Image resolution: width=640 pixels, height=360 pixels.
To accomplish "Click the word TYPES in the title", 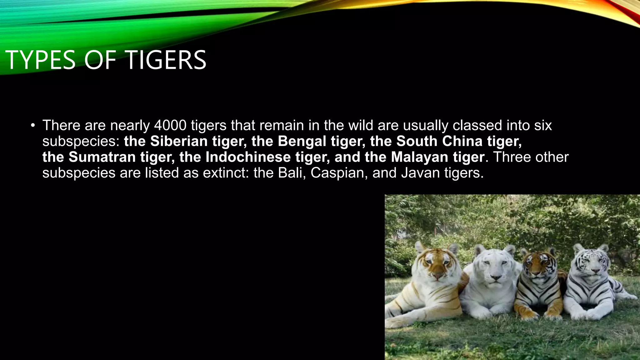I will (41, 60).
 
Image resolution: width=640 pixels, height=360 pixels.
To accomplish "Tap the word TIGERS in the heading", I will (166, 60).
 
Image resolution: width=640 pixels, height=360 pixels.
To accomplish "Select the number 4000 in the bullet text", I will (170, 125).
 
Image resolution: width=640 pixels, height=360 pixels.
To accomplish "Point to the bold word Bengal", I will (302, 141).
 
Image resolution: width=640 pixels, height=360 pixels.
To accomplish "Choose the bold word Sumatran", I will (102, 157).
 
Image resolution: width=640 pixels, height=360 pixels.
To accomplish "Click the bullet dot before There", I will (32, 126).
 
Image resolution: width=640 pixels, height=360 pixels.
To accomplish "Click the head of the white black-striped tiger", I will (591, 262).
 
